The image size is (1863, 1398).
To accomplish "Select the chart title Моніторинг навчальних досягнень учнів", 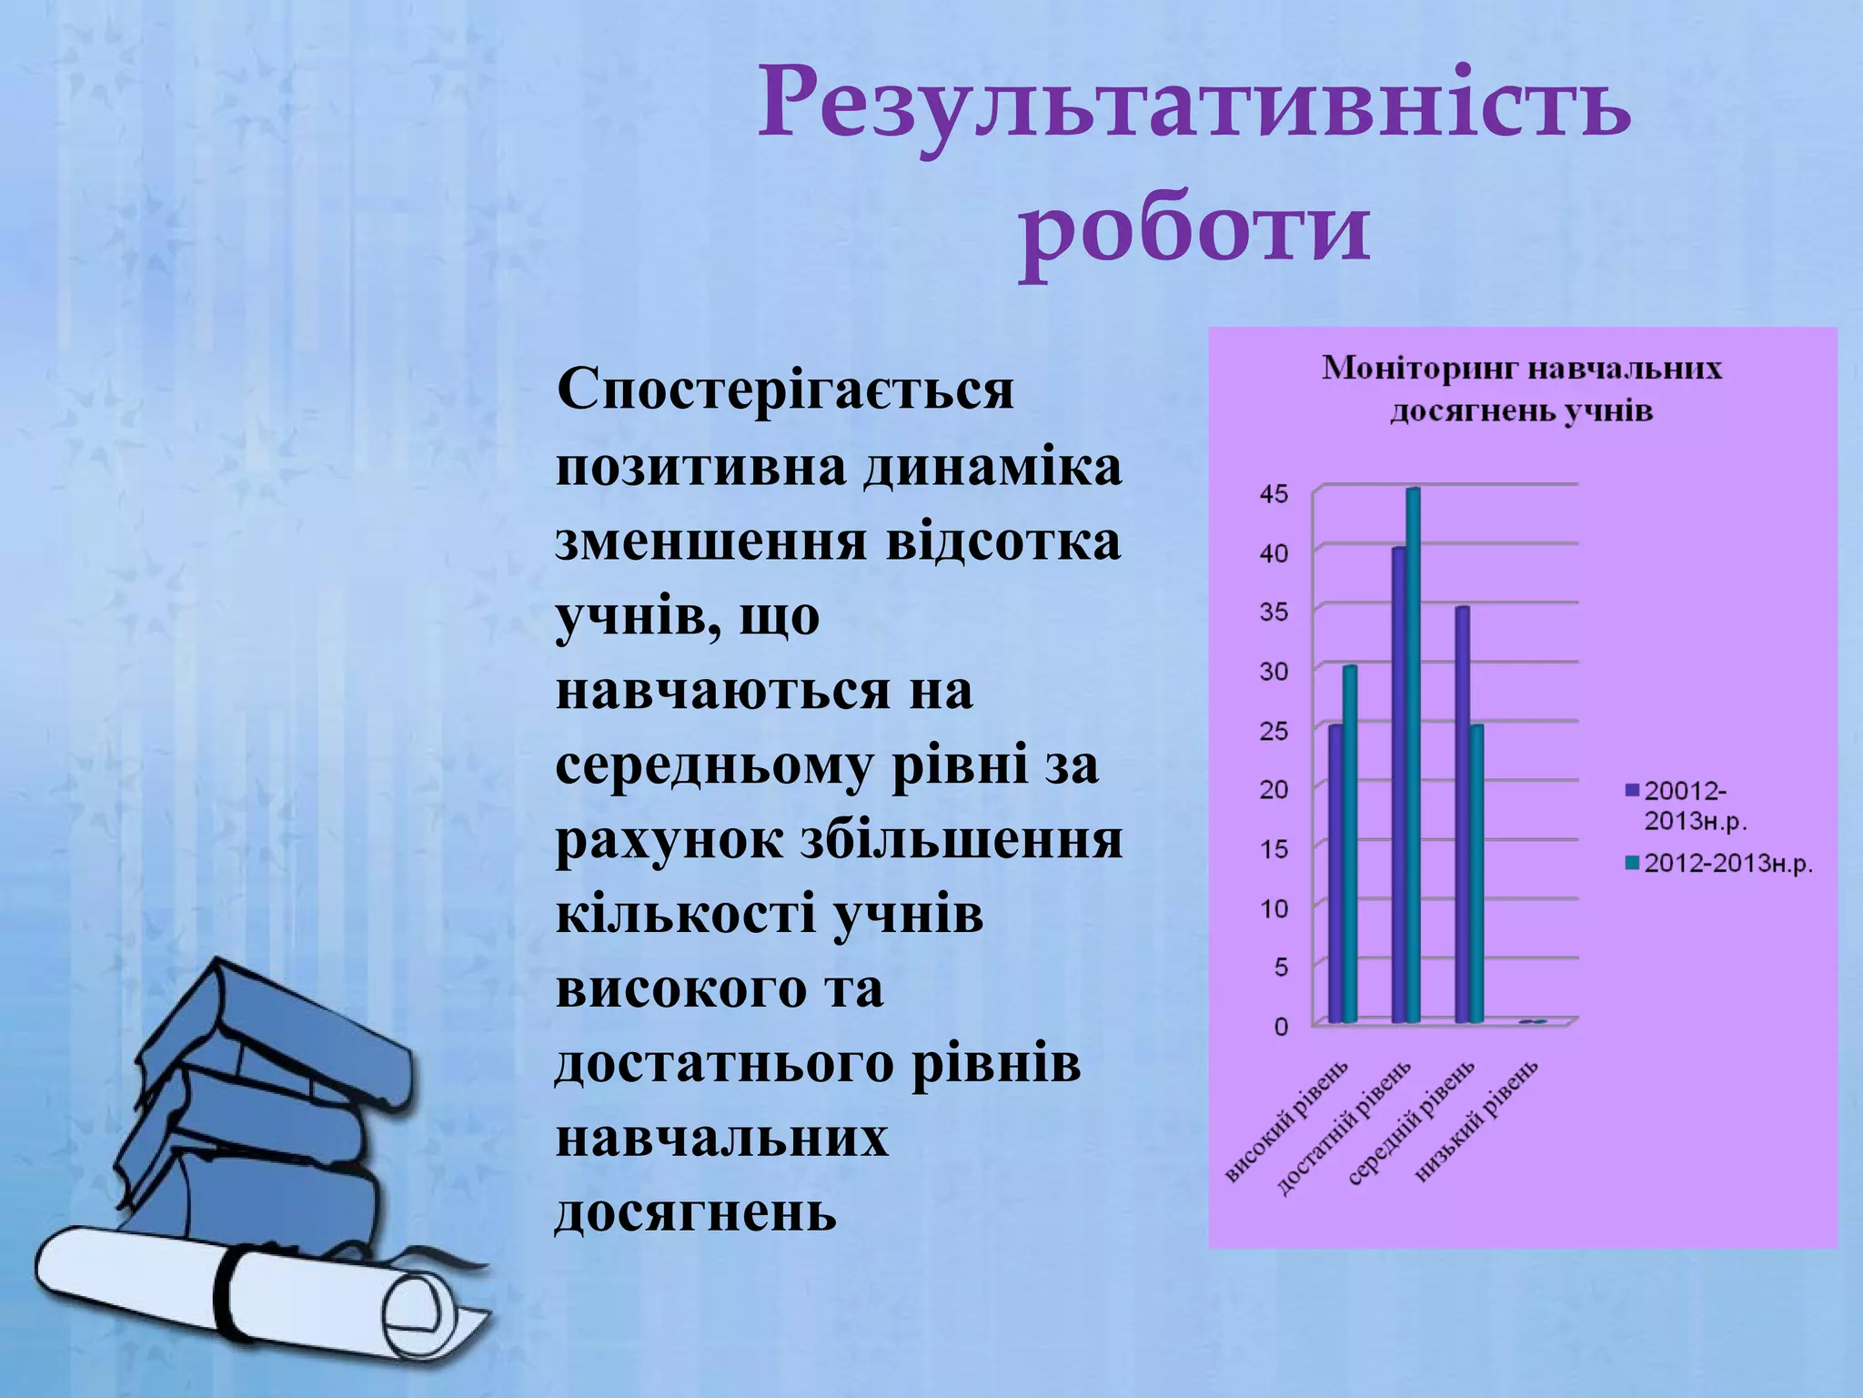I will pyautogui.click(x=1521, y=390).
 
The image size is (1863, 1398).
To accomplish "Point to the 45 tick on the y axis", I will pyautogui.click(x=1274, y=494).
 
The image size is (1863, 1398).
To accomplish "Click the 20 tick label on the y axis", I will pyautogui.click(x=1274, y=789).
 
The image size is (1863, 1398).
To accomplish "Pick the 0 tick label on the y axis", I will pyautogui.click(x=1281, y=1027).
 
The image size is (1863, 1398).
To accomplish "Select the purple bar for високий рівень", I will pyautogui.click(x=1334, y=874).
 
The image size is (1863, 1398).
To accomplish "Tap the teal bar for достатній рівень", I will pyautogui.click(x=1413, y=755).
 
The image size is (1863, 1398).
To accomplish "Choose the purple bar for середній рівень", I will pyautogui.click(x=1462, y=815).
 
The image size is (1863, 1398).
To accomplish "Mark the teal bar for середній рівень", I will pyautogui.click(x=1476, y=874).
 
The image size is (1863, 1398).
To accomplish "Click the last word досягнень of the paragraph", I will pyautogui.click(x=696, y=1212).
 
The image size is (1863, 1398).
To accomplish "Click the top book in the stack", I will pyautogui.click(x=273, y=1028).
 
